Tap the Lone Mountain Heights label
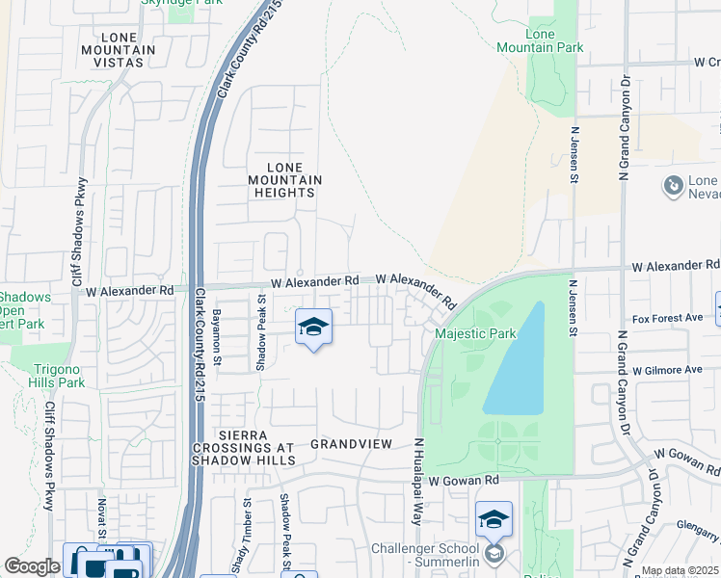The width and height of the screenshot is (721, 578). tap(284, 180)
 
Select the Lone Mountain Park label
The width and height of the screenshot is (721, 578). tap(526, 40)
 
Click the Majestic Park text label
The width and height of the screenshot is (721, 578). tap(475, 334)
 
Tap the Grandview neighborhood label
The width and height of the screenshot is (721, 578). tap(351, 444)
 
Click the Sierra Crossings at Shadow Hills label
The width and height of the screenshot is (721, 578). tap(243, 448)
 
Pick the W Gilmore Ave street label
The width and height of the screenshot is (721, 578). tap(667, 370)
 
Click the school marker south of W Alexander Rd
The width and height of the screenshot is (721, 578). tap(313, 328)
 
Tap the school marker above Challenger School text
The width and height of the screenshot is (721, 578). tap(493, 520)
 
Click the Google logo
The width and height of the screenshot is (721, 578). tap(32, 566)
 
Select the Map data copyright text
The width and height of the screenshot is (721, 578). tap(680, 570)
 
